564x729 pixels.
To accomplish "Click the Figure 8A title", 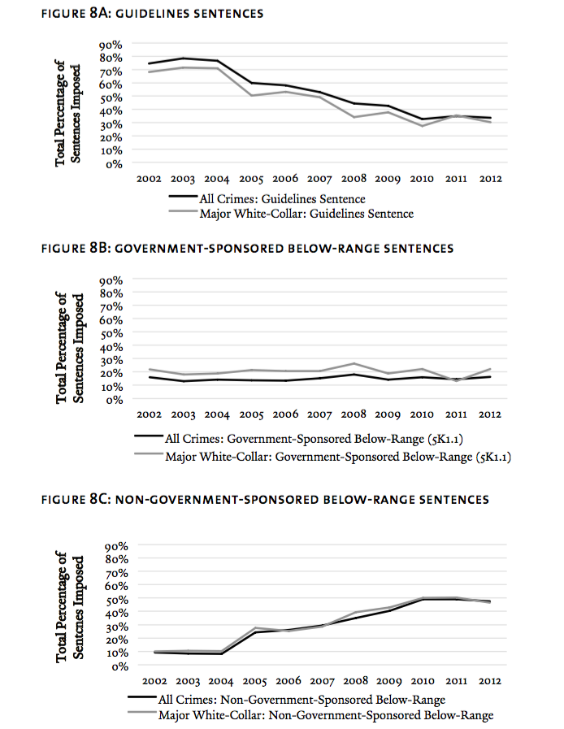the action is pos(152,13).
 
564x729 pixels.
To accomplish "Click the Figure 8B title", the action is pos(247,248).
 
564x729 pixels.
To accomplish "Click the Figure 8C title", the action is pos(265,499).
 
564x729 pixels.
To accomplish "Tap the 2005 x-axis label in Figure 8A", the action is pos(251,179).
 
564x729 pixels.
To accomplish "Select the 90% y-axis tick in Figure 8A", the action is pos(111,45).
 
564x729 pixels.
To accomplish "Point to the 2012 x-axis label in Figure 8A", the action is pos(491,179).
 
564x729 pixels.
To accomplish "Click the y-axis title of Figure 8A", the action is pos(68,113).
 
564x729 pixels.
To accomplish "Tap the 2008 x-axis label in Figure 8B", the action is pos(354,414).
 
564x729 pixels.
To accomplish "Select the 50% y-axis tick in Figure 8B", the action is pos(111,333).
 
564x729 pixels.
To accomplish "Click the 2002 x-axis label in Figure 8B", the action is pos(149,414).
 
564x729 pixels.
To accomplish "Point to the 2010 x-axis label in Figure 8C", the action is pos(422,681).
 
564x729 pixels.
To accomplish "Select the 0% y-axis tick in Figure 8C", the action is pos(120,666).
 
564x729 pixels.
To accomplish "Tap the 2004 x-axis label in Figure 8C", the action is pos(221,681).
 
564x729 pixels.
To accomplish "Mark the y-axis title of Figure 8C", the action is pos(70,607).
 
